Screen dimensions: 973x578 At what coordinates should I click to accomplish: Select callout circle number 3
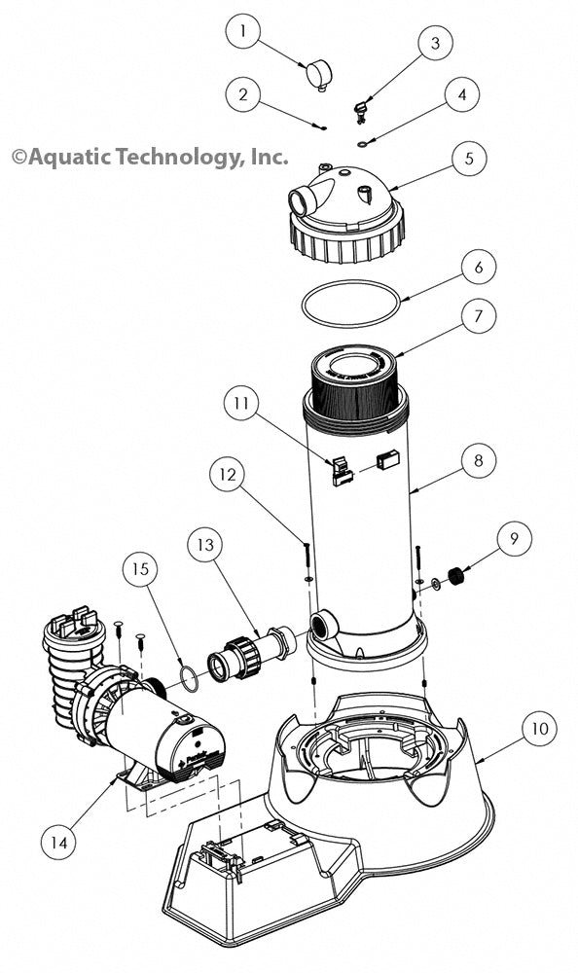435,43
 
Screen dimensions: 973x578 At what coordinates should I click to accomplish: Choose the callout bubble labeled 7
478,316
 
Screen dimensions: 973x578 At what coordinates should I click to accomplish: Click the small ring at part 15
192,676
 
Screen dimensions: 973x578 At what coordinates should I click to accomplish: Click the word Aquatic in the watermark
68,156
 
